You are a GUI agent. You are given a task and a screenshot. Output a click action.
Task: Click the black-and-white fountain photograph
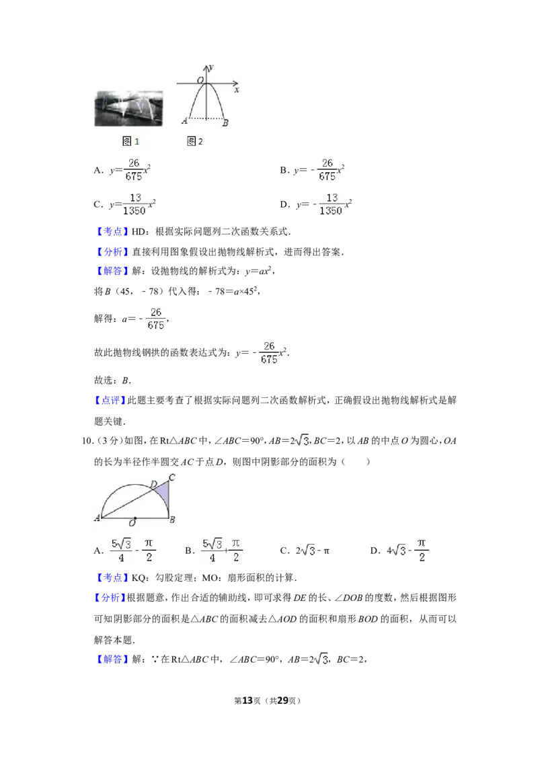tap(128, 109)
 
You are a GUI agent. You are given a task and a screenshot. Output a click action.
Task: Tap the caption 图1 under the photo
tap(130, 141)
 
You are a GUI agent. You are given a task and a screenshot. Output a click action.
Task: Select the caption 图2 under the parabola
tap(195, 141)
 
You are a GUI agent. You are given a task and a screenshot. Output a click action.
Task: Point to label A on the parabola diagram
tap(184, 121)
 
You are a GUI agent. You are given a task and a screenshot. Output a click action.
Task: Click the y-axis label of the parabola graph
tap(210, 68)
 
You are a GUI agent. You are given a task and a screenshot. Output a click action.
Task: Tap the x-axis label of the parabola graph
tap(237, 90)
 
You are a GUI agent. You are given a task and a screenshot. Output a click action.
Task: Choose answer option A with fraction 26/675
tap(122, 170)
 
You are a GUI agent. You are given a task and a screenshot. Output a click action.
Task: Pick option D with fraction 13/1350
tap(316, 204)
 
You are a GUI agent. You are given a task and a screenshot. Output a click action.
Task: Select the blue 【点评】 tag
tap(110, 401)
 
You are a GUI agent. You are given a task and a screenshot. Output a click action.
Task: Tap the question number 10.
tap(87, 441)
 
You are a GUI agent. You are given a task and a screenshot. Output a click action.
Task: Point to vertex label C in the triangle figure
tap(172, 477)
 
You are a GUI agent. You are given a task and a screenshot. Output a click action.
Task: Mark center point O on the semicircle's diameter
tap(135, 518)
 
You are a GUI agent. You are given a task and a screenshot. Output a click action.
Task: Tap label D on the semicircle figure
tap(153, 484)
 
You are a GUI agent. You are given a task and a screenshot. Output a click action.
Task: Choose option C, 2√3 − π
tap(305, 551)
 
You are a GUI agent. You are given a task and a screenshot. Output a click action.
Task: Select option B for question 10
tap(214, 551)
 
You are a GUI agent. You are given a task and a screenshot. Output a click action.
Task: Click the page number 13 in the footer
tap(247, 700)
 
